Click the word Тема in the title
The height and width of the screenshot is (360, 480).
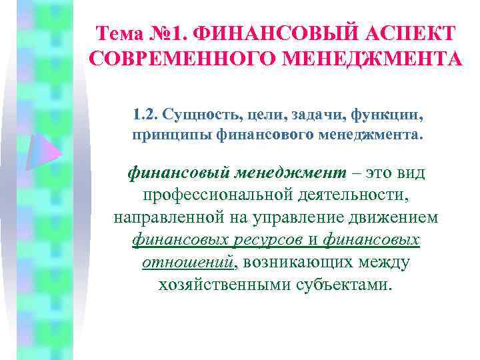[x=119, y=33]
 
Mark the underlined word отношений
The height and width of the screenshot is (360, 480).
[x=189, y=261]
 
